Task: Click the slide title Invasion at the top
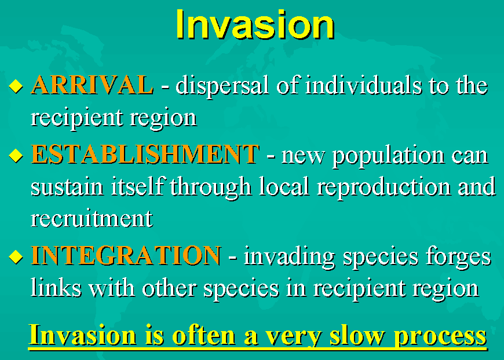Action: click(255, 25)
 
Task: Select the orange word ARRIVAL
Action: click(92, 85)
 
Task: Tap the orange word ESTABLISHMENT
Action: click(145, 154)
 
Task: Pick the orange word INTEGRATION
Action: click(126, 255)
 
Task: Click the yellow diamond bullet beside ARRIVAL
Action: click(16, 86)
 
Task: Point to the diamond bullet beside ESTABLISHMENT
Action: click(16, 156)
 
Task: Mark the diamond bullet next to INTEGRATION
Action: click(16, 256)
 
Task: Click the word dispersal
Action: click(222, 87)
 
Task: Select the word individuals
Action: click(363, 86)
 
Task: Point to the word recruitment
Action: click(92, 219)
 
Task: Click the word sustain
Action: click(67, 187)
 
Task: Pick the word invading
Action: click(289, 258)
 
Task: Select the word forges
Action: click(459, 258)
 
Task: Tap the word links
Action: click(56, 287)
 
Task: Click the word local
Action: click(284, 186)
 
